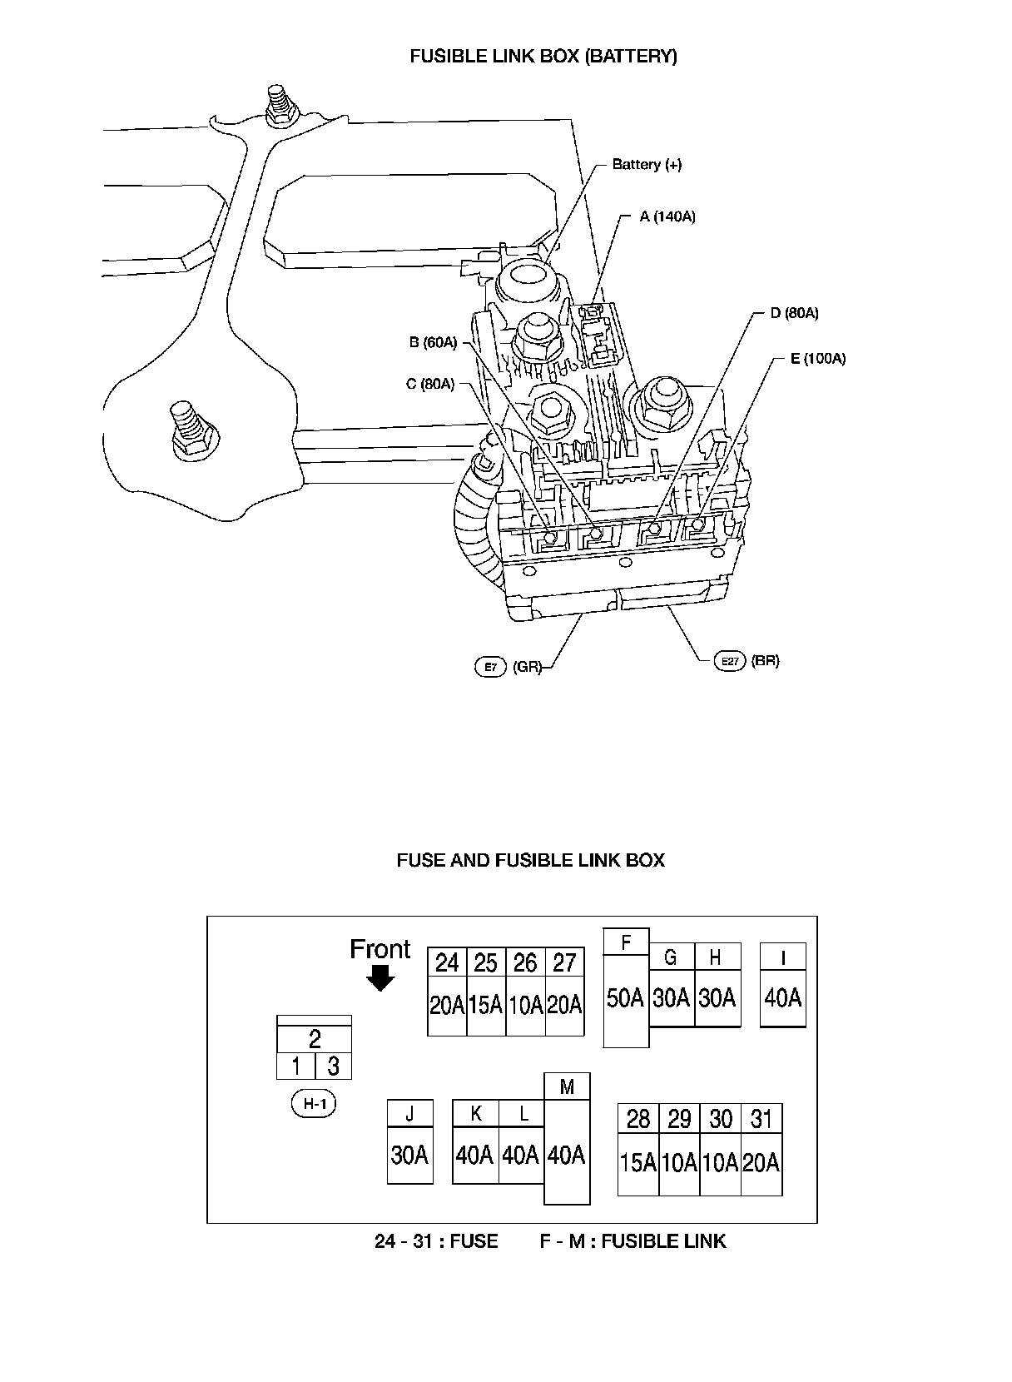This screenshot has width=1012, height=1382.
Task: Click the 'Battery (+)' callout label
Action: click(646, 165)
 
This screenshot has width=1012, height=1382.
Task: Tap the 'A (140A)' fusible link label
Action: click(667, 216)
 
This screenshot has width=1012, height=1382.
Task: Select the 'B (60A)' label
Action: click(433, 342)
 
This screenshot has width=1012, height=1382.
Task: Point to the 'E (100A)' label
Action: click(817, 359)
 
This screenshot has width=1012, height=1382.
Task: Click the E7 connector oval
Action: click(490, 667)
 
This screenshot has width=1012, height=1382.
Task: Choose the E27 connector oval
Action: click(730, 661)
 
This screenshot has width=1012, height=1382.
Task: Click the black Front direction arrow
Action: click(380, 978)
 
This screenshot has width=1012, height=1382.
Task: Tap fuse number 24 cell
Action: click(447, 963)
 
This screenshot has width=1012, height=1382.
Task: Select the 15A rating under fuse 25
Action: click(486, 1006)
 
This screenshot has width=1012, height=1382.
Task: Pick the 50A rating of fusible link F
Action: click(626, 997)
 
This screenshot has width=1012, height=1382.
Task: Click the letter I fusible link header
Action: click(783, 957)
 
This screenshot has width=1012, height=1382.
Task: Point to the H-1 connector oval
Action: click(315, 1105)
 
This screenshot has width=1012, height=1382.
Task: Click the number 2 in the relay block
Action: click(315, 1039)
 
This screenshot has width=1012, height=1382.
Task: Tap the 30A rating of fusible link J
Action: click(409, 1156)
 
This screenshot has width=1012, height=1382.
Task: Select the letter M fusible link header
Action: click(567, 1086)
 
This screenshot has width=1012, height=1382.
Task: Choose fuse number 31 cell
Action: click(761, 1119)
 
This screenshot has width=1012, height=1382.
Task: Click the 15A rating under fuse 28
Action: click(638, 1162)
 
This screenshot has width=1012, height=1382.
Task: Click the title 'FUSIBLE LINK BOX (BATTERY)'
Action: click(543, 57)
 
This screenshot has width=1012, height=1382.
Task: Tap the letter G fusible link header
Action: click(671, 957)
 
